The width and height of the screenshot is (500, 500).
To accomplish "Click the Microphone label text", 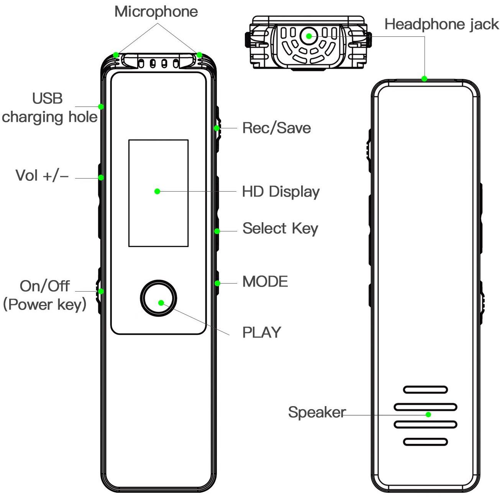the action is point(156,12).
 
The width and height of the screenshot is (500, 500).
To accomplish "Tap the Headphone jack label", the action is point(442,24).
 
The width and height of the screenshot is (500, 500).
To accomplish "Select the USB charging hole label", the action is point(49,108).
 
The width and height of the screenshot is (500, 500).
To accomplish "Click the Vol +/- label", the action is point(42,175).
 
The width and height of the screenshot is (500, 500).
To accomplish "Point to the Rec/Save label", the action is point(277,128).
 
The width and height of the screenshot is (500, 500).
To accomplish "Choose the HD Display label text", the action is point(281,192).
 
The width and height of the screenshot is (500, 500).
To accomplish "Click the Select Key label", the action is point(280,229).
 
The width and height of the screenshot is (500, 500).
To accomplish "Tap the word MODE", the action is point(265,282).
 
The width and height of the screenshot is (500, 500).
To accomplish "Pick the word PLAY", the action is point(262,333).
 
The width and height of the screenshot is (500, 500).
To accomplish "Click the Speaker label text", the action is point(317,412).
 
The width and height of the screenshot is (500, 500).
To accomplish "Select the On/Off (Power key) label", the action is point(44,295).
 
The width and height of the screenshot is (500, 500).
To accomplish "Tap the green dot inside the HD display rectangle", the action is point(157,192).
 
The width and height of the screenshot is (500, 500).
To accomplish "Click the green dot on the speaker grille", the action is point(428,415).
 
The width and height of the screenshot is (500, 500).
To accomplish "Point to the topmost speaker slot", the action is point(426,390).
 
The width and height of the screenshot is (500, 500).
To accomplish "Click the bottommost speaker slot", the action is point(426,442).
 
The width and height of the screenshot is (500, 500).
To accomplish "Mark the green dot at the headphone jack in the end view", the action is point(309,36).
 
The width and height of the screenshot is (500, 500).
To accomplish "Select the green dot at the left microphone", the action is point(116,55).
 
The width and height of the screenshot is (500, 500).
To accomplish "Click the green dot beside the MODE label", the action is point(218,284).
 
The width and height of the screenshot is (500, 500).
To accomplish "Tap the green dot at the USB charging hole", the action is point(101,107).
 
